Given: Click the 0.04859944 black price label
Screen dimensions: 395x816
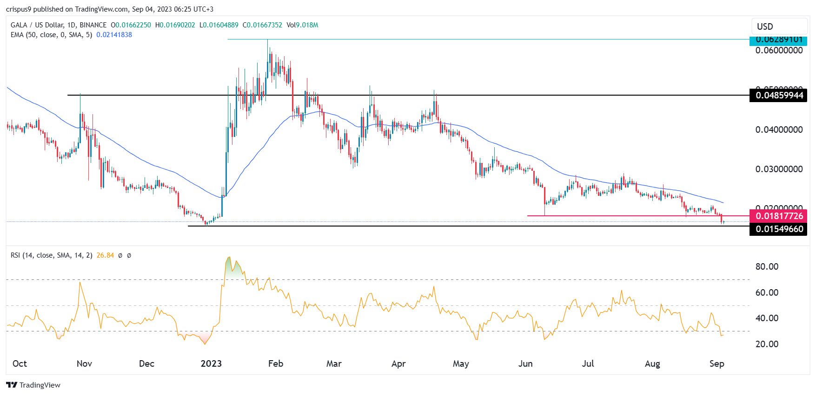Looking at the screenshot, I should [x=779, y=96].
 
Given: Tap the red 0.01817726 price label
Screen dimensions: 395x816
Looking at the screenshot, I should [x=779, y=216].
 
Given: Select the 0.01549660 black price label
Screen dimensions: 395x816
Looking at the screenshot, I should [x=779, y=229].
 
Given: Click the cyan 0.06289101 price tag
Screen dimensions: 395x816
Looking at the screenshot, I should [x=779, y=40].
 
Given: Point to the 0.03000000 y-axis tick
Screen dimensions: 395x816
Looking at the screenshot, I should [x=779, y=169].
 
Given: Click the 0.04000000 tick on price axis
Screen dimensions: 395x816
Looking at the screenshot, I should [x=779, y=130].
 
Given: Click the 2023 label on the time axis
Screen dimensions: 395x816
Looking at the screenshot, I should [x=211, y=363].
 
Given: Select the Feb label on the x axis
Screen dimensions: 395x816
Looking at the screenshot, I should [x=276, y=363].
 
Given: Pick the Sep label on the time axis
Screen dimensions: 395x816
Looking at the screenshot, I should [x=716, y=363].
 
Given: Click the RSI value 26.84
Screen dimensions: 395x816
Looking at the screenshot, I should [x=105, y=255].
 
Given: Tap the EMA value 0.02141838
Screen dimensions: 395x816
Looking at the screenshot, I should [x=114, y=35].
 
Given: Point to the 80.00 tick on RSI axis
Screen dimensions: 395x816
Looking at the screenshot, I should [x=767, y=266].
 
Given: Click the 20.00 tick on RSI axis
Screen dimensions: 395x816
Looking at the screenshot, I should [x=767, y=344].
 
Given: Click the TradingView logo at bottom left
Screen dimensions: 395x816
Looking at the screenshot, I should [x=33, y=385].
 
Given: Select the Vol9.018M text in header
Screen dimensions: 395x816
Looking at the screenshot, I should [x=302, y=25].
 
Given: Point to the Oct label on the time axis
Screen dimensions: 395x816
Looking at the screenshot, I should [x=20, y=363].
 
